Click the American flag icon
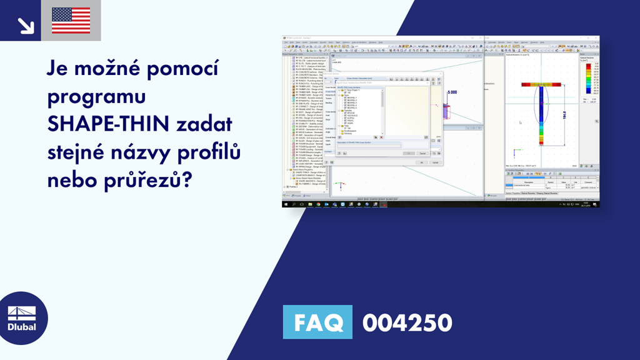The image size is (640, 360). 71,21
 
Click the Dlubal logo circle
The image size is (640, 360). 21,318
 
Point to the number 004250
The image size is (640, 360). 407,323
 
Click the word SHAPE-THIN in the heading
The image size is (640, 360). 108,124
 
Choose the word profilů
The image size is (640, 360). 218,152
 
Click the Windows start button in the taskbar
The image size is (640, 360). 286,204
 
